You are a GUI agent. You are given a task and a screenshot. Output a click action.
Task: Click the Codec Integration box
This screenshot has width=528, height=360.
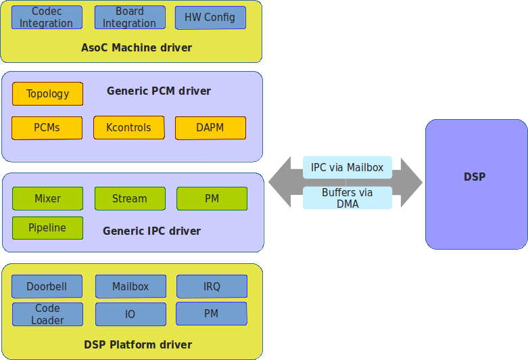47,18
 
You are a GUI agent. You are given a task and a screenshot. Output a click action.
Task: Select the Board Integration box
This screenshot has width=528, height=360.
129,18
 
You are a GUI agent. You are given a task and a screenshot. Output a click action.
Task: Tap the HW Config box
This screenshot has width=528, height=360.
210,18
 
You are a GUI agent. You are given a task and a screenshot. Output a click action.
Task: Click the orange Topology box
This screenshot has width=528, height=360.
47,94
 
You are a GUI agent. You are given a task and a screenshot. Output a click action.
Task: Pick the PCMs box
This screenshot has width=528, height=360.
47,128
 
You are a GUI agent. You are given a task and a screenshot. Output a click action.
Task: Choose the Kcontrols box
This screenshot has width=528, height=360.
129,128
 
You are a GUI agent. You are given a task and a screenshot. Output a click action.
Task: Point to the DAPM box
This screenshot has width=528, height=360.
210,128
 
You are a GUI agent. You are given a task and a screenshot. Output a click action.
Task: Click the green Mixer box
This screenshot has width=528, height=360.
47,199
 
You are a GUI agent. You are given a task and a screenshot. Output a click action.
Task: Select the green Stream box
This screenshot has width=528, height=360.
129,199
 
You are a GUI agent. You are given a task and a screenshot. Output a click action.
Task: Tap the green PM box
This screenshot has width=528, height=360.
212,199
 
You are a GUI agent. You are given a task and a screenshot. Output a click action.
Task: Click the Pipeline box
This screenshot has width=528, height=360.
47,228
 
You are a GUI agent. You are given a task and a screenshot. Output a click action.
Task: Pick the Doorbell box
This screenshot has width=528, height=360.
47,287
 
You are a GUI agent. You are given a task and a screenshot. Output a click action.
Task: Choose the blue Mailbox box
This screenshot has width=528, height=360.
130,287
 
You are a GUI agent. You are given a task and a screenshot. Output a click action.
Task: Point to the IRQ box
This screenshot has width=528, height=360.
212,287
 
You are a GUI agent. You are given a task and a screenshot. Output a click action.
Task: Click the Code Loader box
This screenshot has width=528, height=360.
47,315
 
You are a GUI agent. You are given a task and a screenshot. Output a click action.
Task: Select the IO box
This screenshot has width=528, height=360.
130,315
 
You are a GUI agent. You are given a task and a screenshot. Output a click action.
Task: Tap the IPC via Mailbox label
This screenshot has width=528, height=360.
347,168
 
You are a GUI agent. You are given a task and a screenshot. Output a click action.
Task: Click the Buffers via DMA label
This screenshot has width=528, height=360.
347,198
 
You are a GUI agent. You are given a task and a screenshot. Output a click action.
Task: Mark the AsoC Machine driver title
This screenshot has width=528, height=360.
137,48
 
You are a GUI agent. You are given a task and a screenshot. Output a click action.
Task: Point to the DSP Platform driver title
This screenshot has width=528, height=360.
138,345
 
